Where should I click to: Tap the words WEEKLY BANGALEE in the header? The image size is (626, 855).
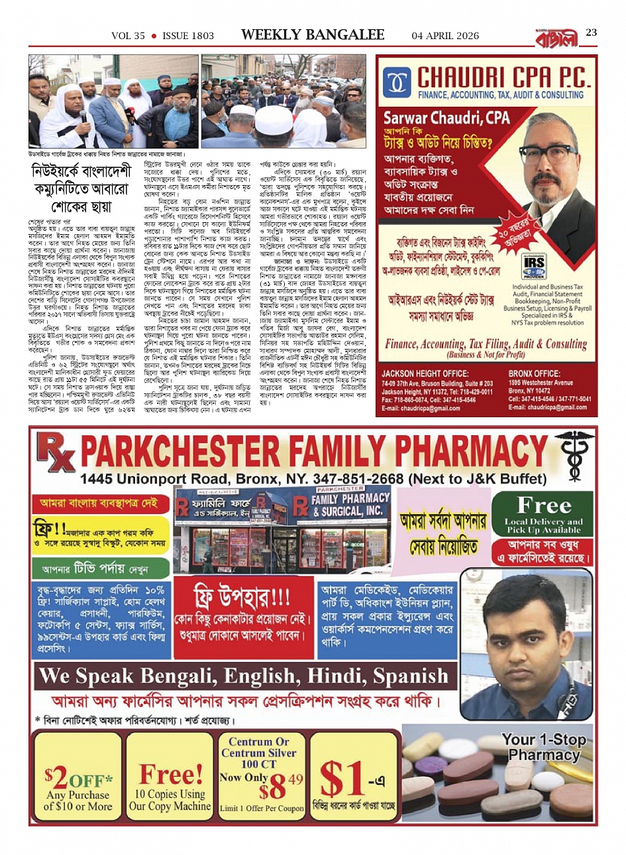[x=313, y=34]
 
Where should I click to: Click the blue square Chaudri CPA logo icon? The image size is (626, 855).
[x=397, y=83]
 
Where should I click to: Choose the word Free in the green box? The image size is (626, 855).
[x=543, y=505]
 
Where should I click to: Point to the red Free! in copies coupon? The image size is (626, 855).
[x=170, y=773]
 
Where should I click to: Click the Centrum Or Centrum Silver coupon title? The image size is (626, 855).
[x=259, y=748]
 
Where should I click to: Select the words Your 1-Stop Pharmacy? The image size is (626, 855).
[x=543, y=747]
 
